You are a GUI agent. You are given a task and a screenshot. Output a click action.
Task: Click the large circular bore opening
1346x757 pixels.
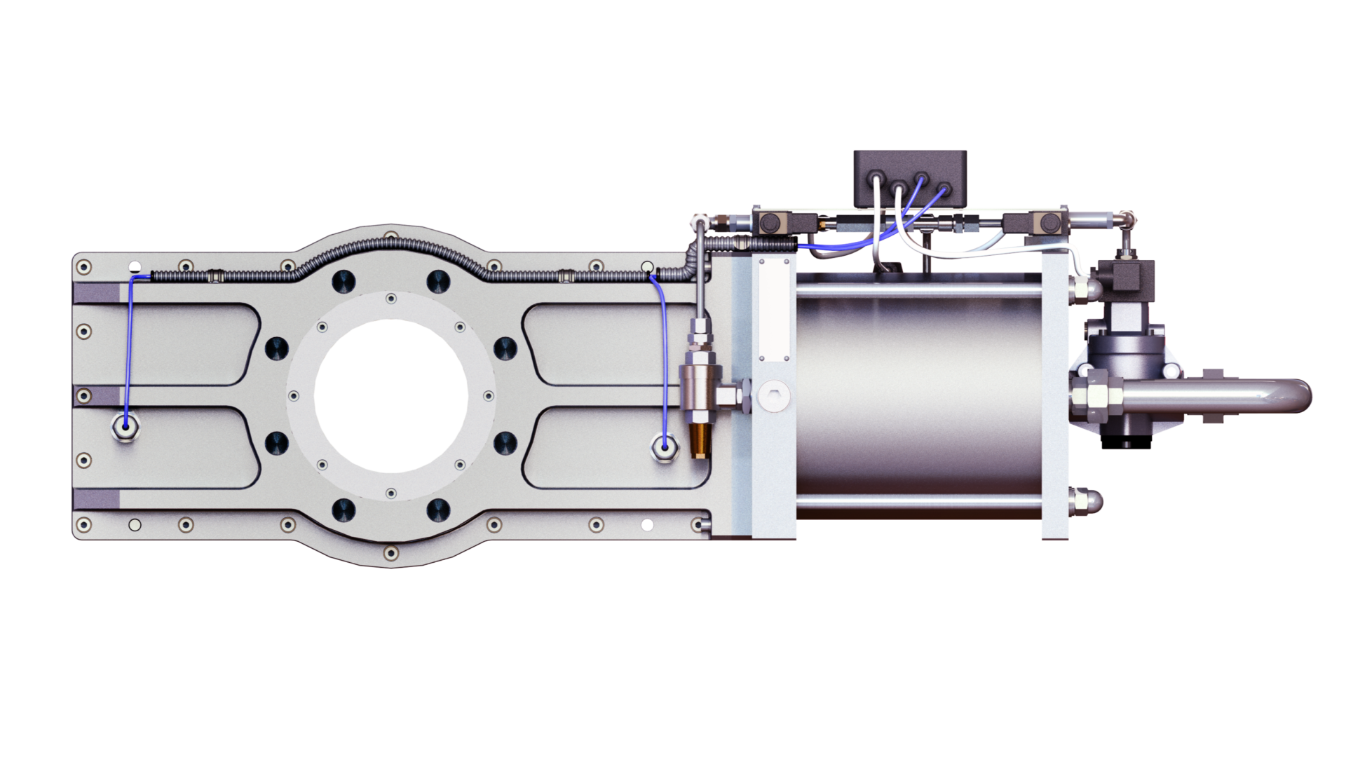(391, 395)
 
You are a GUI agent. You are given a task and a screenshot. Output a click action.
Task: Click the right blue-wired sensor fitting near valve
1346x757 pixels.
(663, 445)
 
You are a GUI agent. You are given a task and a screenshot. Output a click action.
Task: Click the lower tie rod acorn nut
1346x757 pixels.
(1088, 500)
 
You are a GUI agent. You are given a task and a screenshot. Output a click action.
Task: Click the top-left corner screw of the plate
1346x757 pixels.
(84, 267)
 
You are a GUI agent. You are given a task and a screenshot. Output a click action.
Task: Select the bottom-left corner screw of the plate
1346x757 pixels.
(84, 524)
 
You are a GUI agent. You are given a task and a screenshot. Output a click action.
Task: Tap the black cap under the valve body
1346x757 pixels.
(1126, 440)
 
